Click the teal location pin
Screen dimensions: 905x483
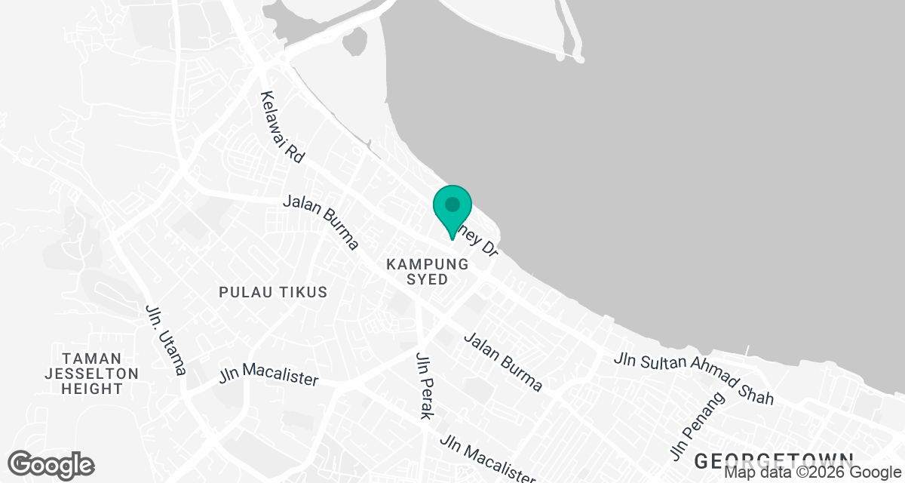(452, 211)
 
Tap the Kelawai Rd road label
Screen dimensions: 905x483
(282, 128)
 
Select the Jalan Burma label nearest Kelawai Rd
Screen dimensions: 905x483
(321, 223)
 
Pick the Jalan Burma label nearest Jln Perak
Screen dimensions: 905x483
(503, 362)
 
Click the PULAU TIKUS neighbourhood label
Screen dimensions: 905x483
(273, 292)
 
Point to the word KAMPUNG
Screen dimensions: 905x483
(428, 264)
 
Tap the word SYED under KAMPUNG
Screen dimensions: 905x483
(428, 279)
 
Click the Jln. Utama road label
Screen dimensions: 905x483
(165, 340)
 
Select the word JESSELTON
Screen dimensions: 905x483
(91, 374)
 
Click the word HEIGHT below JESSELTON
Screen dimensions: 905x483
(91, 389)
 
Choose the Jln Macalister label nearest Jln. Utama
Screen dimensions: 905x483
(269, 376)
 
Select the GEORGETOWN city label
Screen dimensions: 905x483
(773, 460)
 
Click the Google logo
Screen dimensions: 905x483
(51, 464)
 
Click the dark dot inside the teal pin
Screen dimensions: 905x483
(452, 205)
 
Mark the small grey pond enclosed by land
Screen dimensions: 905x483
(354, 42)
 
